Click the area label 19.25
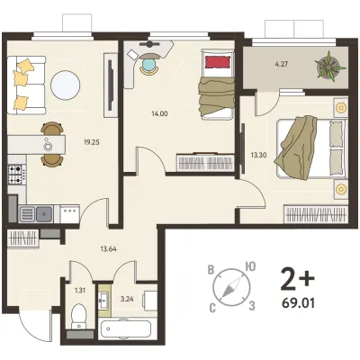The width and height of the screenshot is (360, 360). click(92, 142)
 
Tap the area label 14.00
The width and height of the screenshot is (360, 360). click(160, 113)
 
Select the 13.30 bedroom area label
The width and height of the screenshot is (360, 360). click(259, 155)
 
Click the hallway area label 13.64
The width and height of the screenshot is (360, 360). click(108, 248)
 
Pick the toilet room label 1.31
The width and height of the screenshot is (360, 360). click(79, 290)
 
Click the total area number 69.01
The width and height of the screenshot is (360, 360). click(299, 303)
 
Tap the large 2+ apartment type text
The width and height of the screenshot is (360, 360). click(297, 280)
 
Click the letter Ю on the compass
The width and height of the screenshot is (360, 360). click(250, 266)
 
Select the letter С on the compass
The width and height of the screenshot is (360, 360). click(212, 308)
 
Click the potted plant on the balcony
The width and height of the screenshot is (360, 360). click(328, 66)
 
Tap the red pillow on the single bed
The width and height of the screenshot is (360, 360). click(218, 62)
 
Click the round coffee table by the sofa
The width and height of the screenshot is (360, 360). click(66, 85)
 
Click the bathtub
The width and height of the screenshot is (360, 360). click(125, 329)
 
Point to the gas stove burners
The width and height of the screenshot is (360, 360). click(17, 175)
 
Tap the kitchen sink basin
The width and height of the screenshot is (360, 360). click(44, 214)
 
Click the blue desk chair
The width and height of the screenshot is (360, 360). click(148, 65)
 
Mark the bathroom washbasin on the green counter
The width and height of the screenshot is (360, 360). click(104, 300)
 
